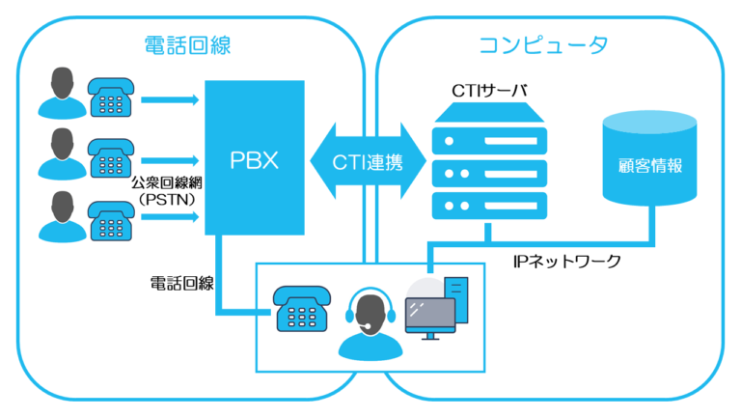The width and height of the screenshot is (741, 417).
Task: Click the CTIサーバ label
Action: (x=489, y=90)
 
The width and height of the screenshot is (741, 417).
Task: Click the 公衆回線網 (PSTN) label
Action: (x=166, y=190)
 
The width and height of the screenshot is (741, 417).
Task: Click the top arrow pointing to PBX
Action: (x=168, y=97)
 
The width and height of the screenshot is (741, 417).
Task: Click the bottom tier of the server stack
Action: (x=489, y=205)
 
